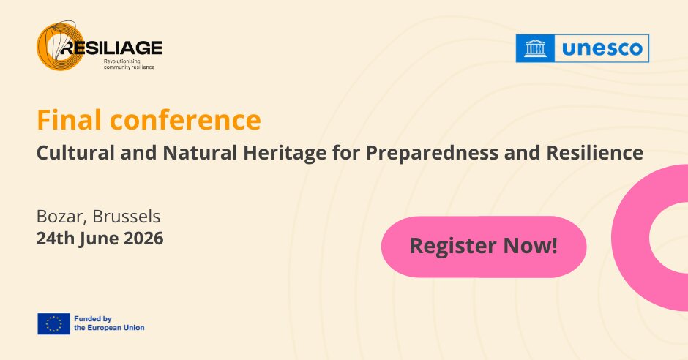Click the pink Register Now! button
[484, 247]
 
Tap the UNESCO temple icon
[535, 48]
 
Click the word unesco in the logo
[602, 48]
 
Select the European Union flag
[53, 323]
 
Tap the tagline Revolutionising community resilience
[129, 64]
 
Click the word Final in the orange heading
[70, 120]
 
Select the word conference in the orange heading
[185, 120]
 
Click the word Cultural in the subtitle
[75, 153]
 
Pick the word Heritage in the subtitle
[285, 154]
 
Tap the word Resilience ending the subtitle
[594, 153]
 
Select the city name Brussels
[127, 216]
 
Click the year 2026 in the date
[143, 239]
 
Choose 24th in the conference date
[56, 239]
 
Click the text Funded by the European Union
[109, 323]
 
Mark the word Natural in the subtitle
[200, 153]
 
